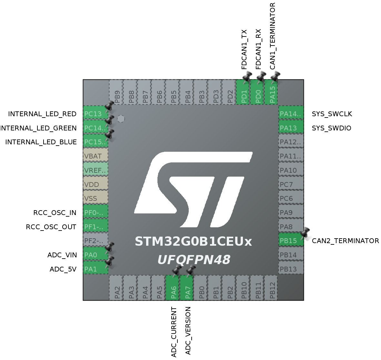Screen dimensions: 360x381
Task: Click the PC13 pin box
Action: click(95, 114)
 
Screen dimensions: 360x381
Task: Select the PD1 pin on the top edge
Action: click(244, 92)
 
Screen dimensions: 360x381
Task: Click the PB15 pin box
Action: click(291, 241)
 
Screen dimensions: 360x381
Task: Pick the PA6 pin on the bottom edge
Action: click(173, 288)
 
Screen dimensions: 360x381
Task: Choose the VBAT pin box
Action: click(95, 156)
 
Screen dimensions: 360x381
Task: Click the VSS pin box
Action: click(95, 198)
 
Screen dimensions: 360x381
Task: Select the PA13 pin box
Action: click(291, 128)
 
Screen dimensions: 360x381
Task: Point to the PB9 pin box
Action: click(117, 92)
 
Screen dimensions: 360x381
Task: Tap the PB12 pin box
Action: click(272, 288)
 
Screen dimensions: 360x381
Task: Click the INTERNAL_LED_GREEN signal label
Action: click(38, 128)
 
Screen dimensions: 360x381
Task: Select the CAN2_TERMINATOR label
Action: click(345, 241)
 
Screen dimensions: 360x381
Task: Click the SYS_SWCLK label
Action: click(332, 114)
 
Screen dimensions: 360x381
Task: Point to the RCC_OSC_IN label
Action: click(55, 213)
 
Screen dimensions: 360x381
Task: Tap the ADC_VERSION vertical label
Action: click(188, 331)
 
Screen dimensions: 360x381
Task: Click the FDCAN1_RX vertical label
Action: click(258, 49)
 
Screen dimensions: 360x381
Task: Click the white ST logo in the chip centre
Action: click(193, 189)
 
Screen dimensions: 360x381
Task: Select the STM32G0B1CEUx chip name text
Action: click(193, 242)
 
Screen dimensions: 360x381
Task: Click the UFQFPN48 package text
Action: click(194, 260)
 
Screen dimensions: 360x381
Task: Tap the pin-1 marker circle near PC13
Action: click(121, 119)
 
